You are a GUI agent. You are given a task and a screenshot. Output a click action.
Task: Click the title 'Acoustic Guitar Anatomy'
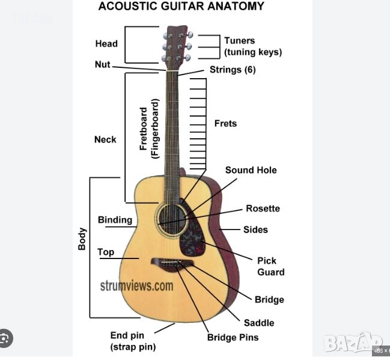click(x=181, y=7)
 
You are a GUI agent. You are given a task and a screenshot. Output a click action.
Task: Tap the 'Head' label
click(x=106, y=43)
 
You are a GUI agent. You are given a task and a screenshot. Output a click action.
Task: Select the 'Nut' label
click(x=102, y=64)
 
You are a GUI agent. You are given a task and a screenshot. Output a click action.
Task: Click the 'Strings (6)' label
click(x=233, y=70)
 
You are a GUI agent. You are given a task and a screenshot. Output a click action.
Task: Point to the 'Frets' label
click(x=225, y=123)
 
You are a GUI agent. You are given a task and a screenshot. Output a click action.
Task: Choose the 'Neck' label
click(x=105, y=139)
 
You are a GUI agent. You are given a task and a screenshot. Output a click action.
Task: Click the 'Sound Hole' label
click(x=251, y=170)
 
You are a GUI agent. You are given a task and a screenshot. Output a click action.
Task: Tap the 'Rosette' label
click(x=263, y=209)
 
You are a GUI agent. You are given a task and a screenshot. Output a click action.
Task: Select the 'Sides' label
click(x=255, y=230)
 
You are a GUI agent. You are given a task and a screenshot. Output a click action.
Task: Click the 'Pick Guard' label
click(x=270, y=266)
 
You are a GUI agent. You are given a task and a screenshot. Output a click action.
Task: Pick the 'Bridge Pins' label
click(x=233, y=337)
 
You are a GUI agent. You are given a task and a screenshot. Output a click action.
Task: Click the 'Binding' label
click(x=115, y=220)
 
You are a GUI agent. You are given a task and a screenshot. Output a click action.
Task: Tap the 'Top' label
click(x=106, y=252)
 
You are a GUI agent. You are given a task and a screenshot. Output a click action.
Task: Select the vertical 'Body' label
click(x=82, y=239)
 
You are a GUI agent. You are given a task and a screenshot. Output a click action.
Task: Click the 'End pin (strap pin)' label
click(x=133, y=341)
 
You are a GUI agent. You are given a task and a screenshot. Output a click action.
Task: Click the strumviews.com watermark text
click(x=137, y=286)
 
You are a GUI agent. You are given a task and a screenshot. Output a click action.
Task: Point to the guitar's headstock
click(x=175, y=45)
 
